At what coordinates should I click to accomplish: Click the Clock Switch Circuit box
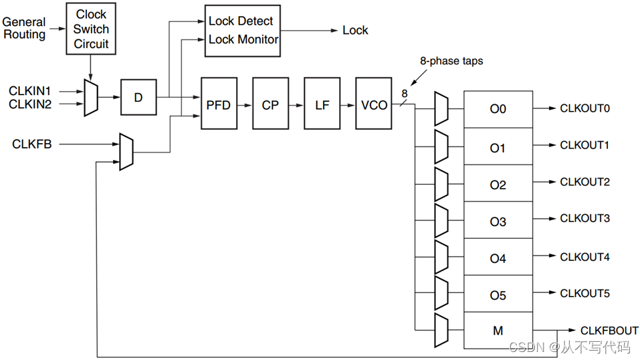coord(91,29)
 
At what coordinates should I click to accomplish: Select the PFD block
coord(219,105)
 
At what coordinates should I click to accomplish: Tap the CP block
coord(270,105)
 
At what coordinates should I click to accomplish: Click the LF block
coord(322,105)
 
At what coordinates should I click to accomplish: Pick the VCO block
coord(374,105)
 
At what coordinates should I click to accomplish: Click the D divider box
coord(138,98)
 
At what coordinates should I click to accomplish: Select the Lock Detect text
coord(241,21)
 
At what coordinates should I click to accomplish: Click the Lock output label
coord(355,30)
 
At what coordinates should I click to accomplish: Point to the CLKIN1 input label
coord(29,90)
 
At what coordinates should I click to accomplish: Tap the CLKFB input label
coord(31,143)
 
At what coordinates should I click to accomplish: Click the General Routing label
coord(25,28)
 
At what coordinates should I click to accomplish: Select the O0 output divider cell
coord(498,109)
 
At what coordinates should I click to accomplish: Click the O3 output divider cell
coord(498,221)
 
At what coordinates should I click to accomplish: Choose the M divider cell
coord(498,331)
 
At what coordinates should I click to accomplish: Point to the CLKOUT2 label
coord(584,182)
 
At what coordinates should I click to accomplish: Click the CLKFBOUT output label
coord(609,331)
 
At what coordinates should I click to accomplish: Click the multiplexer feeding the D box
coord(91,98)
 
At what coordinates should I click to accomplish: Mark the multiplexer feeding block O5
coord(441,293)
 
